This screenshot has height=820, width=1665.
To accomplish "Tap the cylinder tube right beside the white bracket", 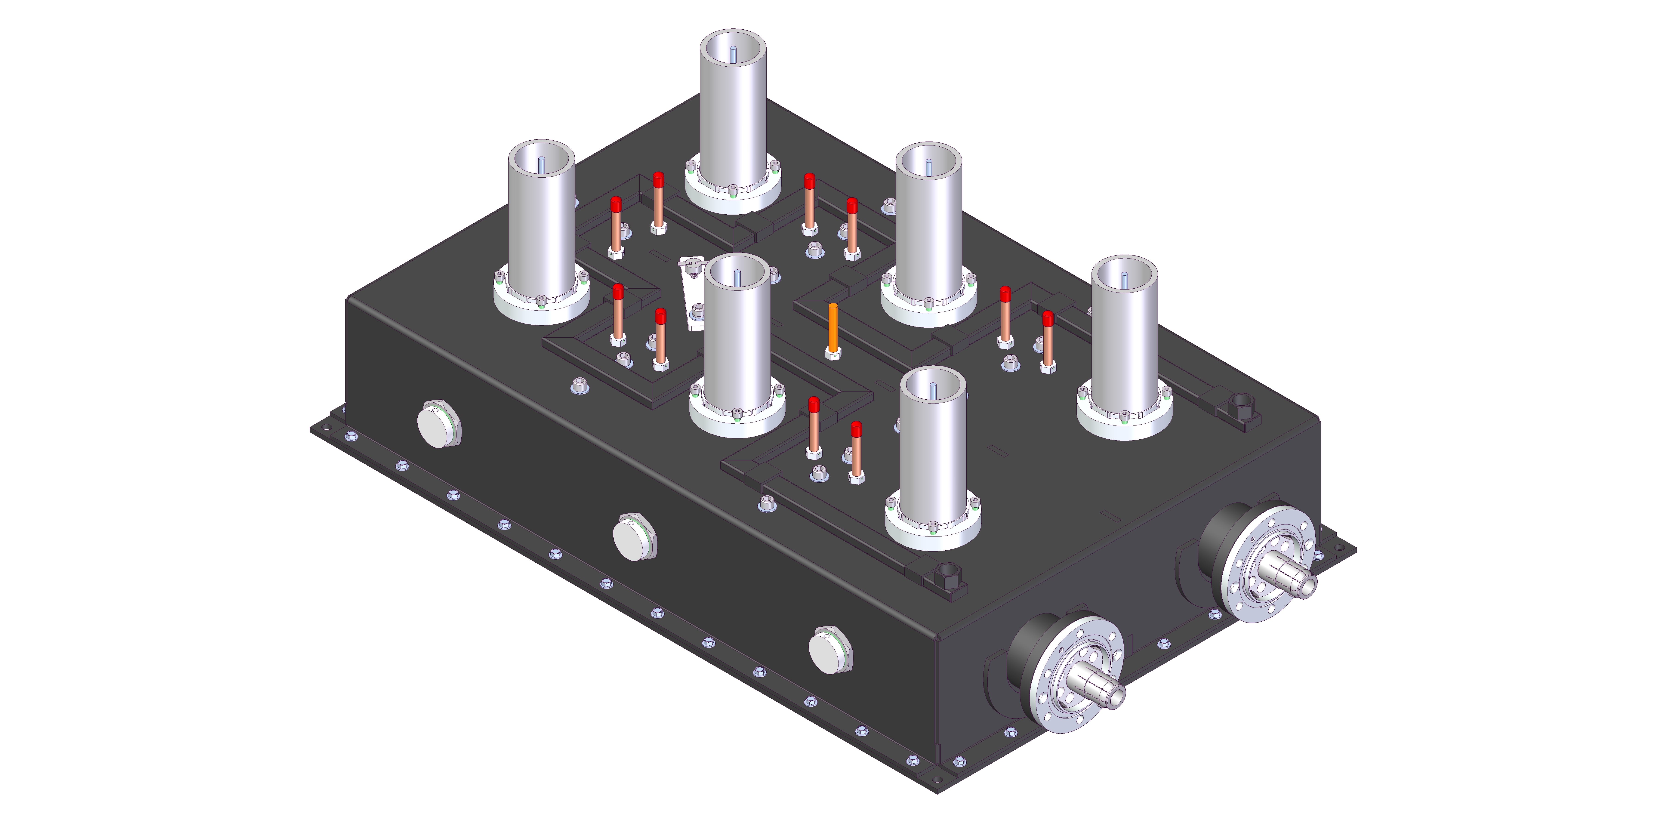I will pyautogui.click(x=737, y=336).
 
